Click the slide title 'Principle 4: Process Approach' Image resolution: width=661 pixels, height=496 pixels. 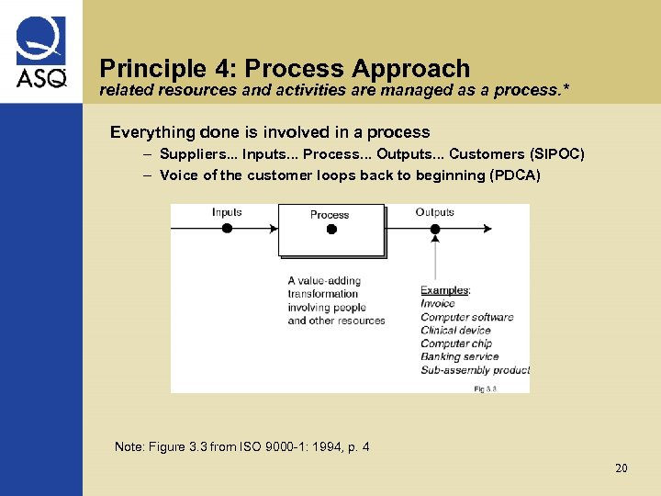[285, 68]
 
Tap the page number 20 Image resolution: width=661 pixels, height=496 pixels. [622, 468]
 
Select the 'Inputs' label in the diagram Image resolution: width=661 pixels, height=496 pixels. [227, 212]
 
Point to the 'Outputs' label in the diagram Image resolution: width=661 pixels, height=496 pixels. [434, 212]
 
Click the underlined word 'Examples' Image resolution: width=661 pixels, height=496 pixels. [444, 290]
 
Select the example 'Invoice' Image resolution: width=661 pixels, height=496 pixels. [438, 304]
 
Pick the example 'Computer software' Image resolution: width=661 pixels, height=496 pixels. [466, 317]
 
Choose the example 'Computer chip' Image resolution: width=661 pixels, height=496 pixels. [457, 344]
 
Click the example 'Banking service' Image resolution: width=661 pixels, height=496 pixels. [459, 356]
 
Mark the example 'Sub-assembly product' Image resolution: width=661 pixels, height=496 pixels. [475, 370]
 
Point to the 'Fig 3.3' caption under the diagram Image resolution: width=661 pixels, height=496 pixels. [485, 389]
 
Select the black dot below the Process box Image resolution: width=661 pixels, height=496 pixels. [331, 229]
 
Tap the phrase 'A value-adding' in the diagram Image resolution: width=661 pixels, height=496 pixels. [324, 281]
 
